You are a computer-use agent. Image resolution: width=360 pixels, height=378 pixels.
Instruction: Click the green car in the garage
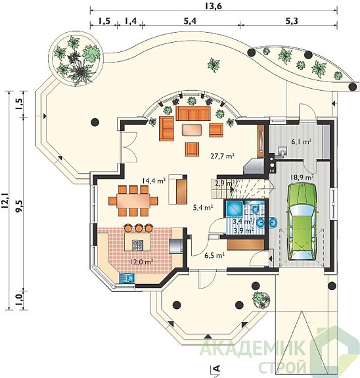point(302,222)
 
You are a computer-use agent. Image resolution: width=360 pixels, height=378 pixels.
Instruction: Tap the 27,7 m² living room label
point(223,156)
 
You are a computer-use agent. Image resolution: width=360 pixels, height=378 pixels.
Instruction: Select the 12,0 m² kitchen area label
point(142,262)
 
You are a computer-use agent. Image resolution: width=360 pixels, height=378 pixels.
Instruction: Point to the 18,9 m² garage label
point(302,177)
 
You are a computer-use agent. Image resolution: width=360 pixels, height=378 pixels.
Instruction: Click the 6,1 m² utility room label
point(302,141)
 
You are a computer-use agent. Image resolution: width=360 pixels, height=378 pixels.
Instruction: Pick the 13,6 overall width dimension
point(214,6)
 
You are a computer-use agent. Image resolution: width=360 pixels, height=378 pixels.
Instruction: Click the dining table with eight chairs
point(133,201)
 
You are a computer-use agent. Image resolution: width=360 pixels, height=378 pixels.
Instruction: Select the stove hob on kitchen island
point(137,245)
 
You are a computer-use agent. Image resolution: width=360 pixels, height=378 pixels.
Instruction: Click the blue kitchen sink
point(127,278)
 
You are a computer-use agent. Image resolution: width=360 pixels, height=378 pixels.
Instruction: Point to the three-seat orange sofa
point(192,113)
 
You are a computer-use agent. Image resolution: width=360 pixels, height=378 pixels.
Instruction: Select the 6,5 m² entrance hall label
point(214,256)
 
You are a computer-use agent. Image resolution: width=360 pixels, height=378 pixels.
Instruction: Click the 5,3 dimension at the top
point(292,21)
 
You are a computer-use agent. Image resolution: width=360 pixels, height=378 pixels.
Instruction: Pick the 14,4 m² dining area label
point(154,181)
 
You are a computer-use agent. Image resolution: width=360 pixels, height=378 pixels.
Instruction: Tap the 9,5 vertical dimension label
point(18,206)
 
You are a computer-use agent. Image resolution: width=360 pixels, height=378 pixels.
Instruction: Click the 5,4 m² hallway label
point(203,207)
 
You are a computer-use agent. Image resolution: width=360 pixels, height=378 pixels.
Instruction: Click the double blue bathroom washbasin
point(267,222)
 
